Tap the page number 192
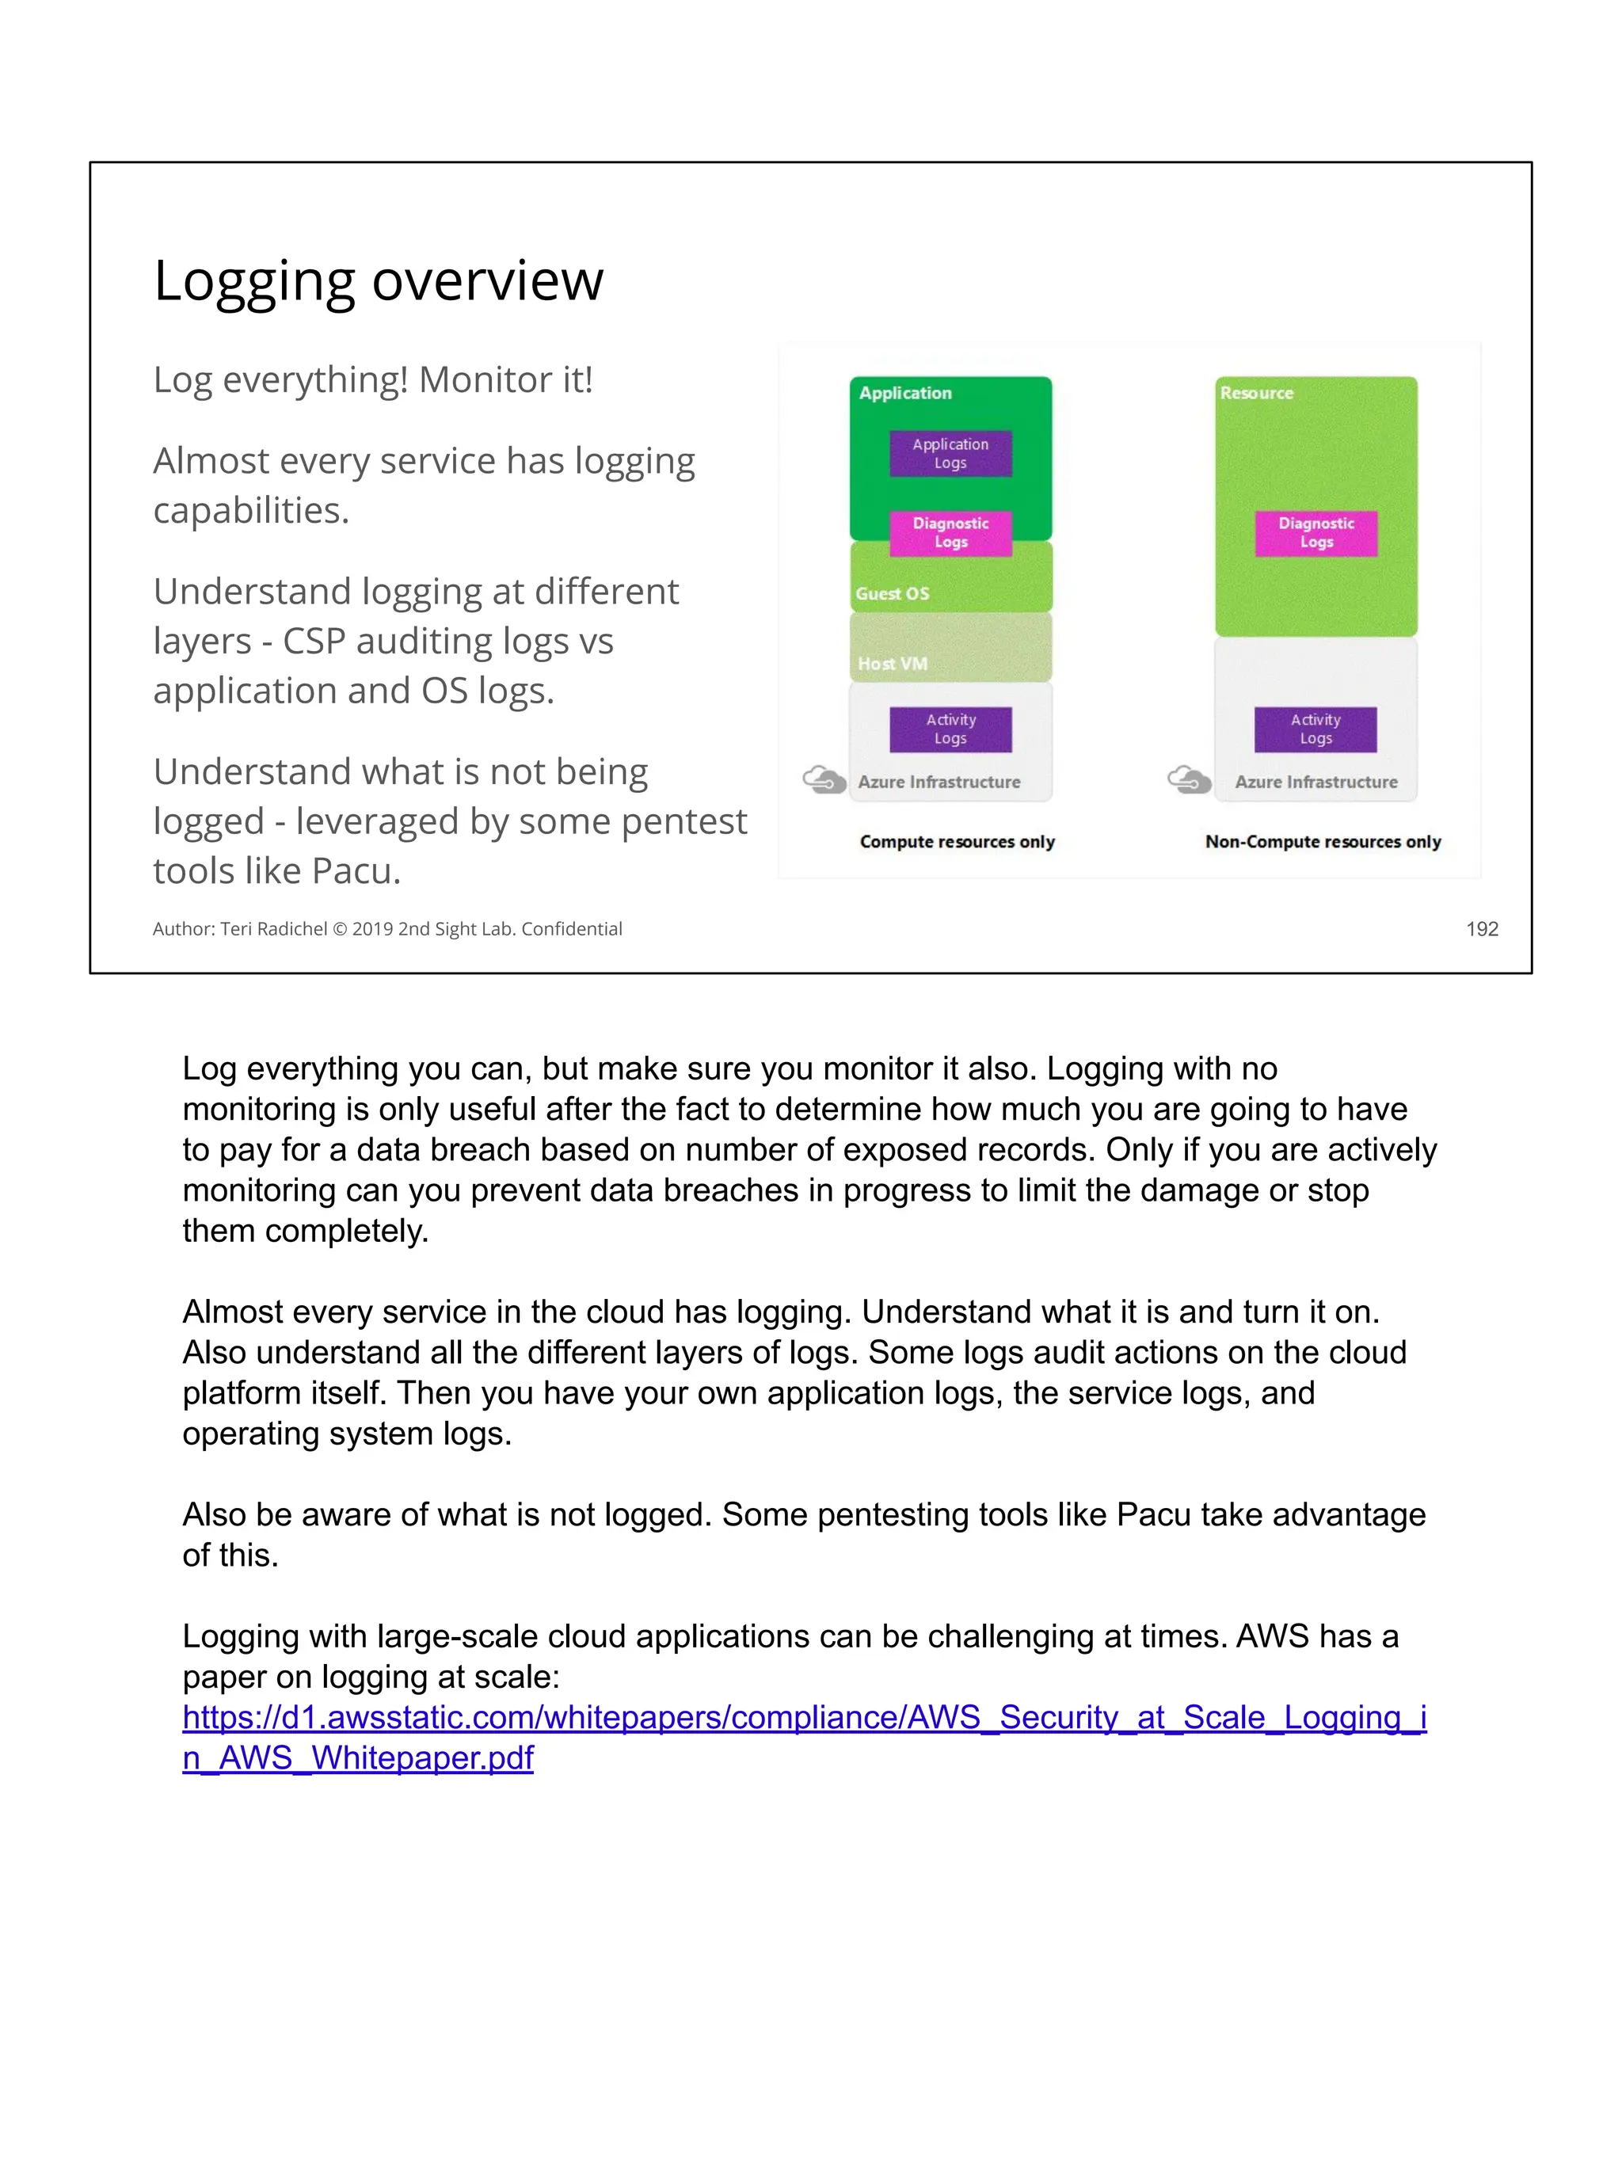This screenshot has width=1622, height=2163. pyautogui.click(x=1481, y=929)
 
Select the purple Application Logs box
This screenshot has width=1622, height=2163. pyautogui.click(x=950, y=454)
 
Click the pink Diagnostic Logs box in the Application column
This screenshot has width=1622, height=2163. pyautogui.click(x=950, y=533)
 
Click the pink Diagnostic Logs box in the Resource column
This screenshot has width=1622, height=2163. pyautogui.click(x=1316, y=533)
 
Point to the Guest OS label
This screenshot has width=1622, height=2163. pyautogui.click(x=892, y=593)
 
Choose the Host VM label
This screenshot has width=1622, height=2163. pyautogui.click(x=892, y=664)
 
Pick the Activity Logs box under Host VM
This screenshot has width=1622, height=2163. pyautogui.click(x=950, y=729)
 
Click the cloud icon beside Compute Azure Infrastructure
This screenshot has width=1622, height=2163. pyautogui.click(x=823, y=780)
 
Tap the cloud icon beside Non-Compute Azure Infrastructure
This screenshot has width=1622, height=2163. pyautogui.click(x=1189, y=780)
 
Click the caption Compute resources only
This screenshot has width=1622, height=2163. pyautogui.click(x=958, y=842)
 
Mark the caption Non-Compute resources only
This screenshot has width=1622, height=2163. pyautogui.click(x=1323, y=842)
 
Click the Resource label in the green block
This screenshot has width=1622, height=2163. pyautogui.click(x=1256, y=393)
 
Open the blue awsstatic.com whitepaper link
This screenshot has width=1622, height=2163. pyautogui.click(x=804, y=1717)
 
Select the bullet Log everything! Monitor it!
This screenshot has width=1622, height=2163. pyautogui.click(x=372, y=379)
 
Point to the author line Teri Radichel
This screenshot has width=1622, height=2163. pyautogui.click(x=387, y=929)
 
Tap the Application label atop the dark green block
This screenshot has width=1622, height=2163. pyautogui.click(x=905, y=393)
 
